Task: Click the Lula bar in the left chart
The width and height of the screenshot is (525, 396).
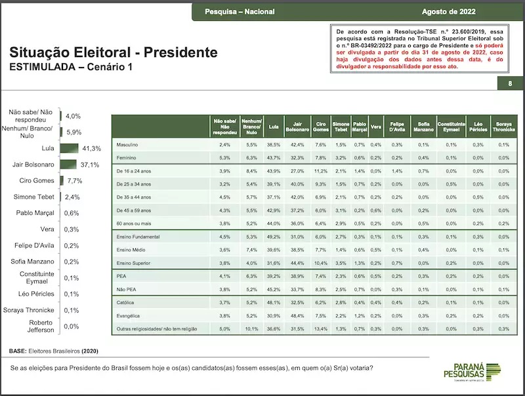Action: pos(69,149)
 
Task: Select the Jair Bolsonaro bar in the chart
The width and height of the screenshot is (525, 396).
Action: pos(68,165)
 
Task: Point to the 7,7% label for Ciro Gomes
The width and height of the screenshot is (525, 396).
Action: pos(73,180)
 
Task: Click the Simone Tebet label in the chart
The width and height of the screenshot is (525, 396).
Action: pos(33,197)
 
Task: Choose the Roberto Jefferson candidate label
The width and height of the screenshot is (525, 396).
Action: pos(36,326)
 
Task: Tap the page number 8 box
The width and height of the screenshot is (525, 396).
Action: pos(510,83)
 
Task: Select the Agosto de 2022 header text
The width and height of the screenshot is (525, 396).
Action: pos(449,12)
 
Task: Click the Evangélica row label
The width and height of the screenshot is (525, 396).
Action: pos(129,315)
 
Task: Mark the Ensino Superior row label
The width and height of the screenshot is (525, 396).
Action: pos(135,262)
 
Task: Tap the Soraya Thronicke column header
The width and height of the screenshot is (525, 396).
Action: pos(503,125)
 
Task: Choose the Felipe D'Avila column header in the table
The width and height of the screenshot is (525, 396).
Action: pos(396,125)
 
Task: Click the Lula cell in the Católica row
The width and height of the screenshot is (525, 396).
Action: pos(274,303)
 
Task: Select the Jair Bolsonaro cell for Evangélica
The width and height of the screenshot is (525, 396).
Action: pos(297,315)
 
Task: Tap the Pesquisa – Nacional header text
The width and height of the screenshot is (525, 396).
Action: pos(240,12)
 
